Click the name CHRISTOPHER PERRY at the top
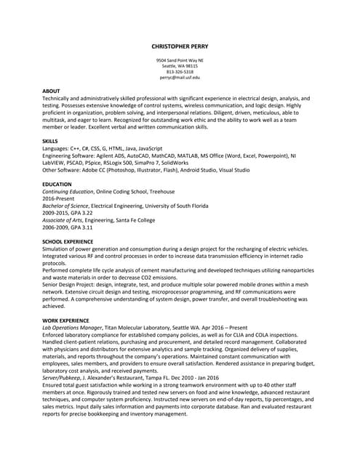click(179, 46)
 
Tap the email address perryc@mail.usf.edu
click(179, 77)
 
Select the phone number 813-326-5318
click(179, 71)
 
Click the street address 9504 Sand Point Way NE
click(179, 60)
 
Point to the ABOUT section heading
click(51, 90)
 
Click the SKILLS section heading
click(50, 141)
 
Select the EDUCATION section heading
click(57, 185)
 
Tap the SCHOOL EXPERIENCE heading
click(68, 241)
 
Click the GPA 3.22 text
click(82, 213)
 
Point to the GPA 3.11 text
click(82, 227)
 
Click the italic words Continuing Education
click(68, 192)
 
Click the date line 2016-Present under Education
click(59, 198)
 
